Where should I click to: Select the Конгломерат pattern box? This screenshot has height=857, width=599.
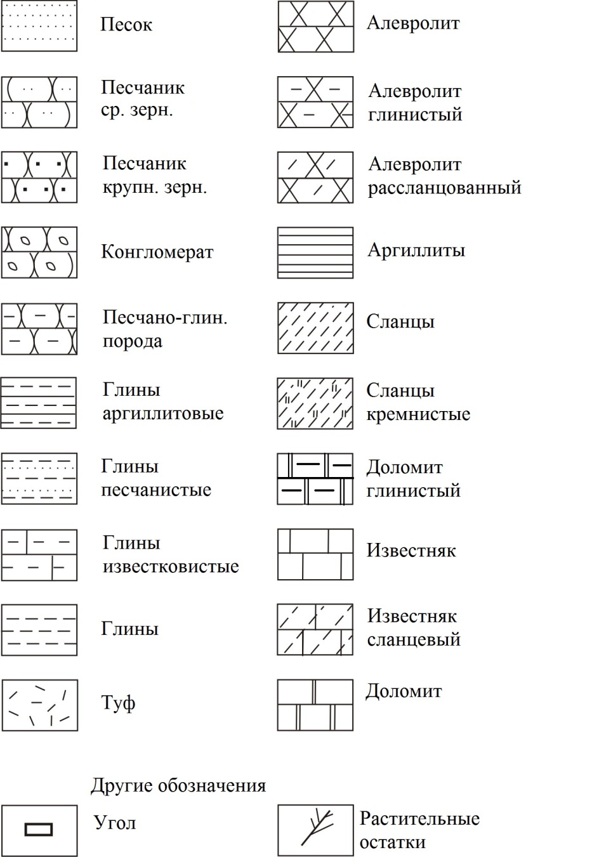(39, 252)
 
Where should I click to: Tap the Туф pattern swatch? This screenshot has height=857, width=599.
(39, 705)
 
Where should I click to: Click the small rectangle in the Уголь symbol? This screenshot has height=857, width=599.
(39, 829)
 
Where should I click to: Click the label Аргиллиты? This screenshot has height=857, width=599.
(416, 250)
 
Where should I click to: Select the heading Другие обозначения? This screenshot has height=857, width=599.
(178, 785)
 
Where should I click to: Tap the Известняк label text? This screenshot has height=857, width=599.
(411, 550)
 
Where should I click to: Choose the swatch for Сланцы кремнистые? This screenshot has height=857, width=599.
(315, 404)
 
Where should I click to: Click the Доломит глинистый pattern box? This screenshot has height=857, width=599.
(315, 479)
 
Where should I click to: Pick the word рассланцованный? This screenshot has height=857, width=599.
(445, 188)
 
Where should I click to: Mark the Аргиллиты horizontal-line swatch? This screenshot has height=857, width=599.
(315, 252)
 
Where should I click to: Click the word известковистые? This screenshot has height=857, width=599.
(171, 566)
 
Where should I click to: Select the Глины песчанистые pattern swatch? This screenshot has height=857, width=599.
(39, 479)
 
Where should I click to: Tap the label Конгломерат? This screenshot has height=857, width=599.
(157, 252)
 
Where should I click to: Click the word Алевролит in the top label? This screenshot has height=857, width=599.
(413, 23)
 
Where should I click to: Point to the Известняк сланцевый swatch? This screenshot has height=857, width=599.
(315, 630)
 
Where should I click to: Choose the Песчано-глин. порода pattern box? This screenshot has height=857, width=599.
(39, 329)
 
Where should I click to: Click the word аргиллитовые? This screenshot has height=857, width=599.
(163, 414)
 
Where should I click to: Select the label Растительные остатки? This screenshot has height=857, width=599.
(419, 830)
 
